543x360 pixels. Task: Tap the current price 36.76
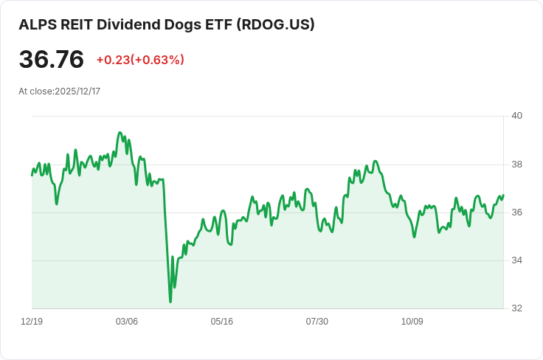click(x=51, y=59)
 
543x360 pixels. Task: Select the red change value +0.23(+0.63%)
click(x=140, y=60)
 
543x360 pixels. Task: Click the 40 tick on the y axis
click(x=516, y=116)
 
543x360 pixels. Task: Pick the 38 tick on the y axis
click(x=516, y=164)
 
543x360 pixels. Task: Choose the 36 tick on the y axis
click(x=516, y=212)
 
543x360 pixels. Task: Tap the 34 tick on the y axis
click(x=516, y=260)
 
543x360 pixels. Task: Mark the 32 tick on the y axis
click(x=516, y=308)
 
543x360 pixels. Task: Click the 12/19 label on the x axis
click(x=32, y=322)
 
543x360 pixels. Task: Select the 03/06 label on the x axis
click(x=127, y=322)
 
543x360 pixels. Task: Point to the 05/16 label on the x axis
click(x=222, y=322)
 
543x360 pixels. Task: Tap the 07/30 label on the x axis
click(x=317, y=322)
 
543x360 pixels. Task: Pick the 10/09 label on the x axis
click(x=412, y=322)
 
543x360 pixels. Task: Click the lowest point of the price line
click(x=170, y=302)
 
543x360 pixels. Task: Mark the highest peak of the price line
click(x=120, y=133)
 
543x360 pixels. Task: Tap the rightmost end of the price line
click(x=503, y=195)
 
